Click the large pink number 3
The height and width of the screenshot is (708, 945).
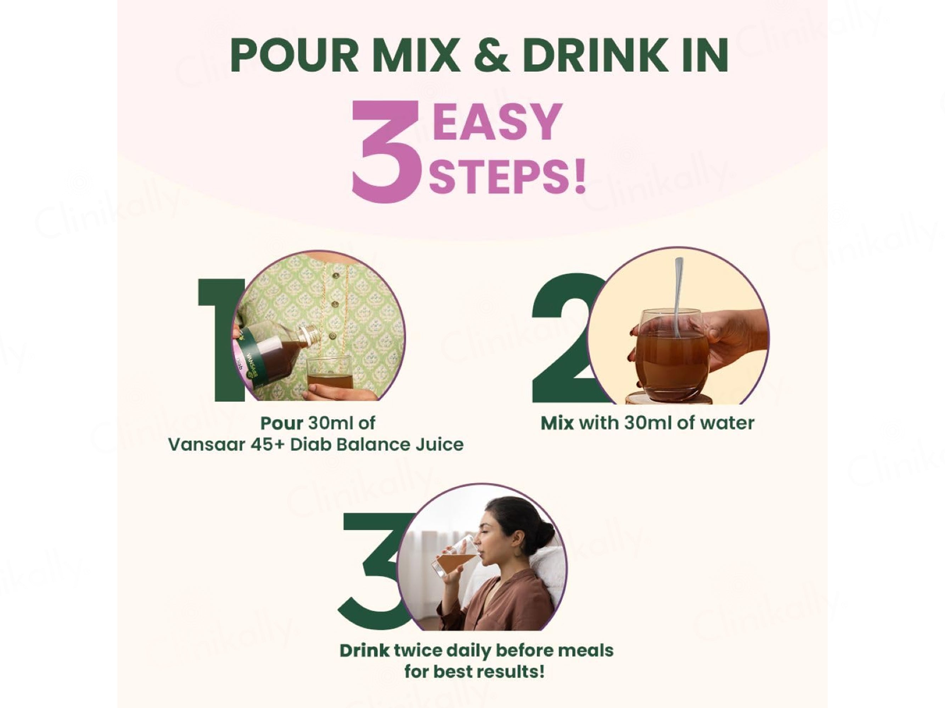[x=386, y=151]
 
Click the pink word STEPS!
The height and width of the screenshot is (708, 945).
[x=507, y=176]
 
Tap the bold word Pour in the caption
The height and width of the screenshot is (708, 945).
[x=282, y=423]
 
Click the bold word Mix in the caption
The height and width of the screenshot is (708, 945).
[x=557, y=423]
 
